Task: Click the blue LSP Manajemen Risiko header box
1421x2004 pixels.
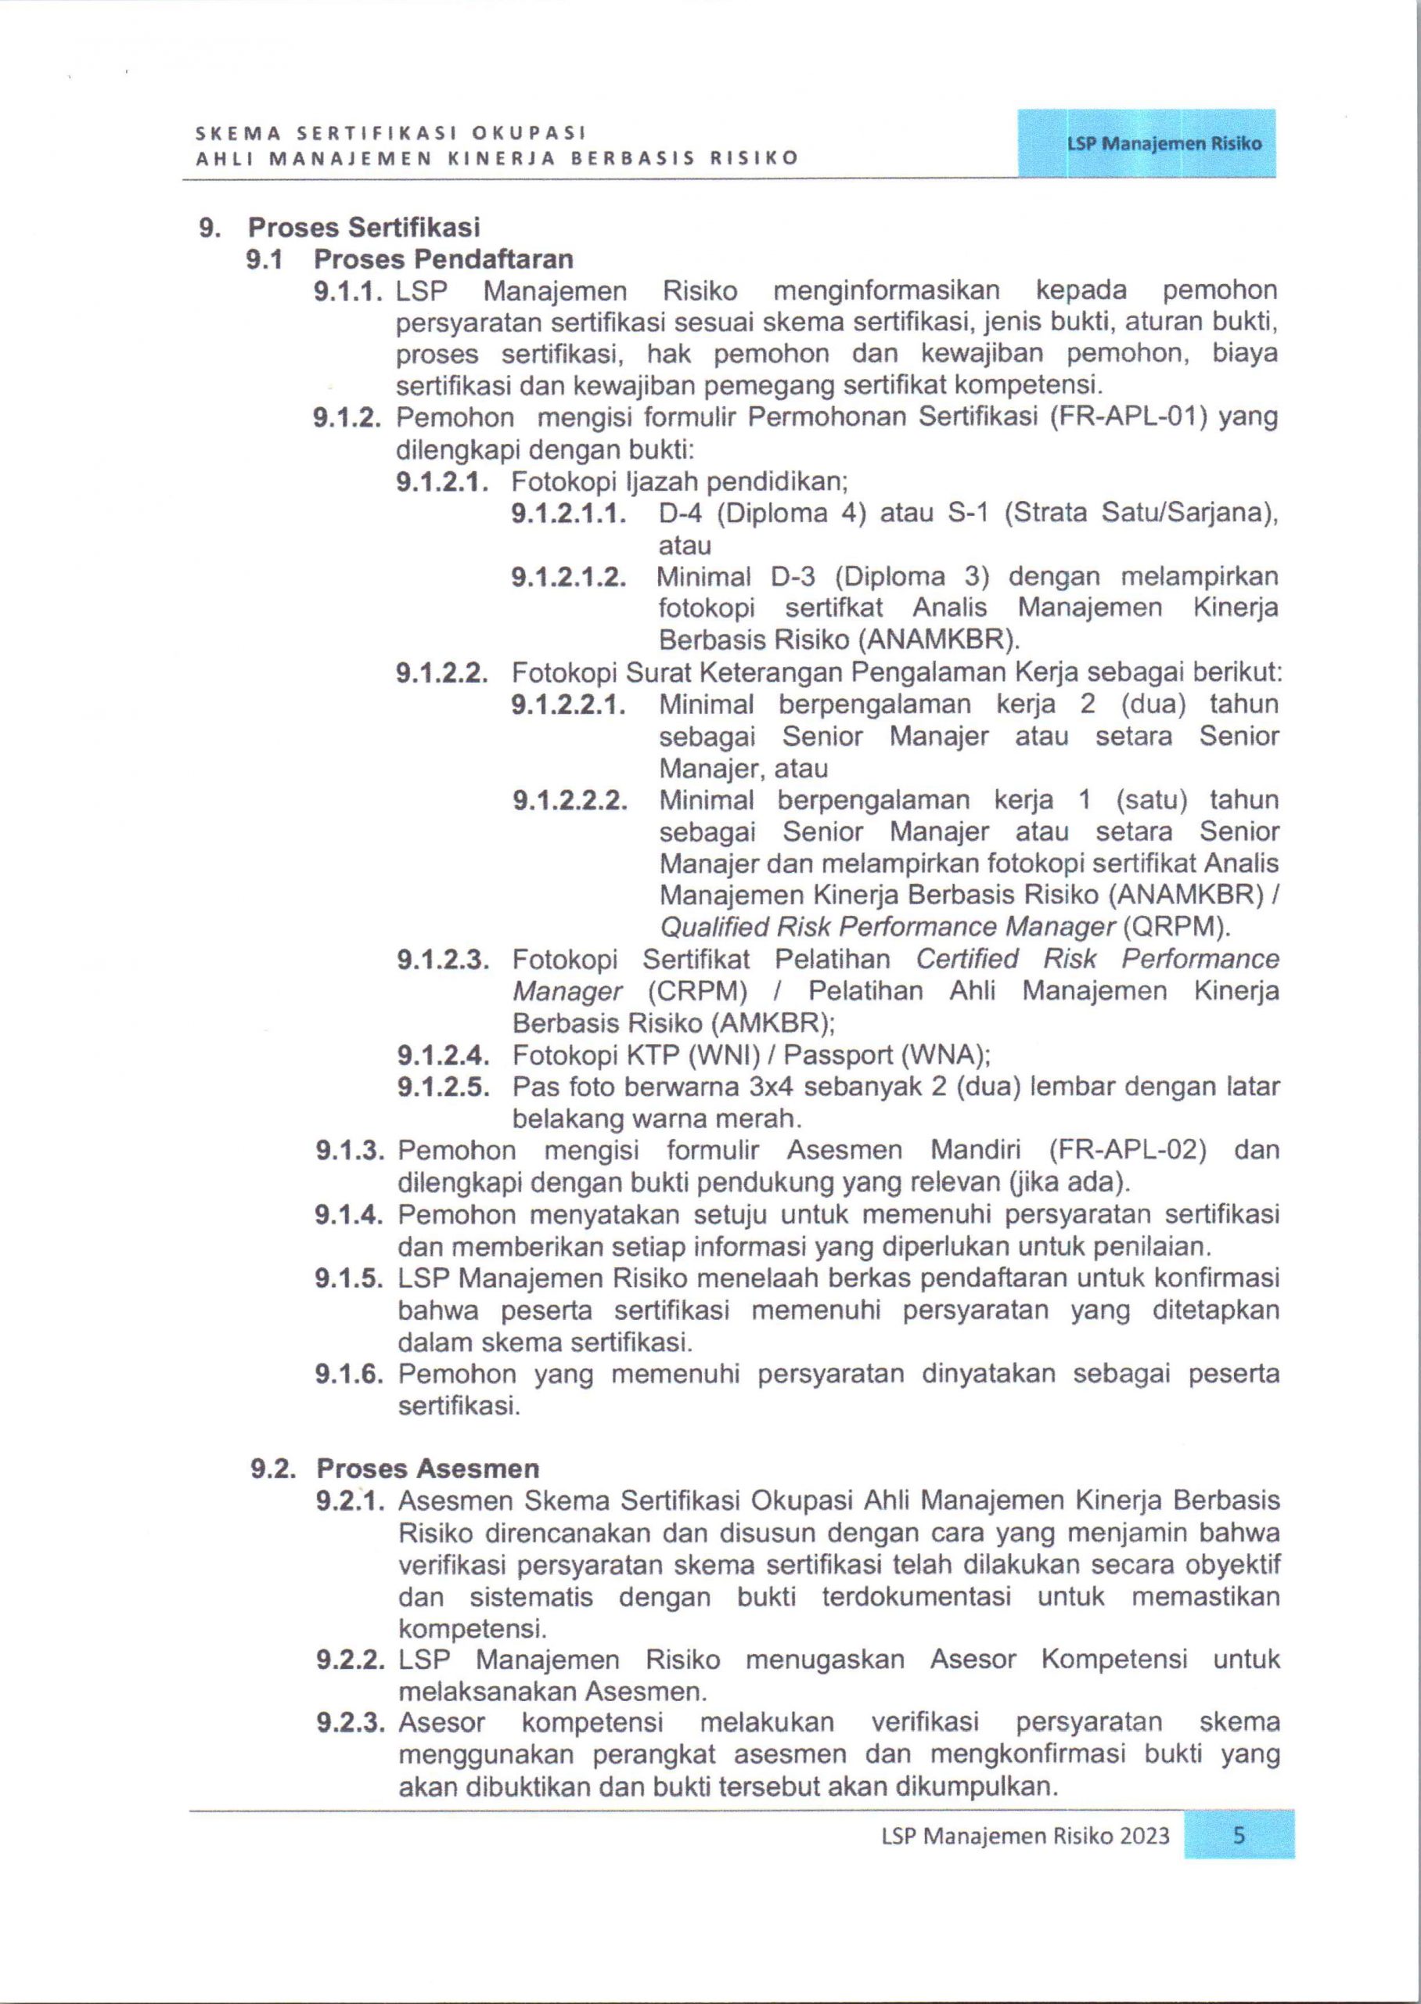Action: click(x=1146, y=143)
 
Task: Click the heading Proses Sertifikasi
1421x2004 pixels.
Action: click(x=364, y=228)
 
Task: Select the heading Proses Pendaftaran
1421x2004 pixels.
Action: click(x=444, y=260)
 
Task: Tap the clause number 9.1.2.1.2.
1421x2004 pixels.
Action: click(x=570, y=578)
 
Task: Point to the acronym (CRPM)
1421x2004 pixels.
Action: click(x=697, y=992)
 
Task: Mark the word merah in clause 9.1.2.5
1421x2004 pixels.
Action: click(x=760, y=1119)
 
